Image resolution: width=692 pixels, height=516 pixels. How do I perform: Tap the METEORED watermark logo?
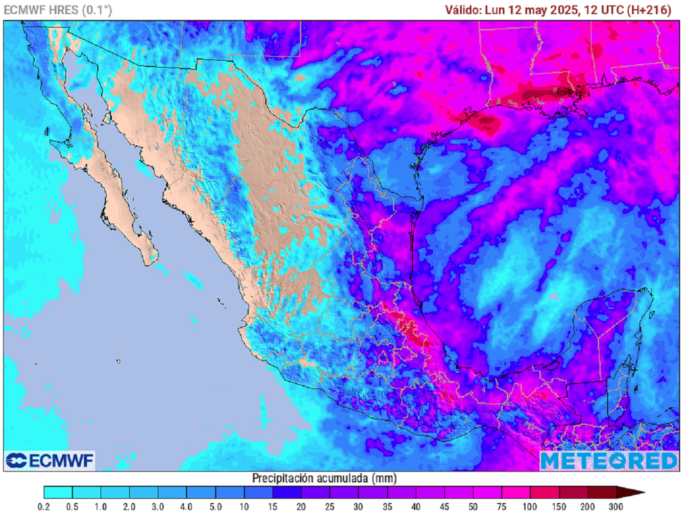pos(608,461)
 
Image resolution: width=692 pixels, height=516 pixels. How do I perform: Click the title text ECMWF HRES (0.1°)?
pos(58,9)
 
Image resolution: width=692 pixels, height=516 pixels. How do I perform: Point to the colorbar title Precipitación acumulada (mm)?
pos(324,478)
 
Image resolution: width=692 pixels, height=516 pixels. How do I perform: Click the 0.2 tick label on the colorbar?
pos(44,506)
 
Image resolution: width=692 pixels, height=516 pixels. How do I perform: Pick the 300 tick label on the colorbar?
pos(616,506)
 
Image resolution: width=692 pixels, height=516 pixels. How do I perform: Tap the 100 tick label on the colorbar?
pos(530,506)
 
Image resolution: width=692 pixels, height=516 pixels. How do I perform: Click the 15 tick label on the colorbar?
pos(273,506)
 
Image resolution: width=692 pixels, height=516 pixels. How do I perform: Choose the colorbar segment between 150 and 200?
pos(572,492)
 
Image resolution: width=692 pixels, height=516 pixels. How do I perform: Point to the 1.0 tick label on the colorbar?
pos(101,506)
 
